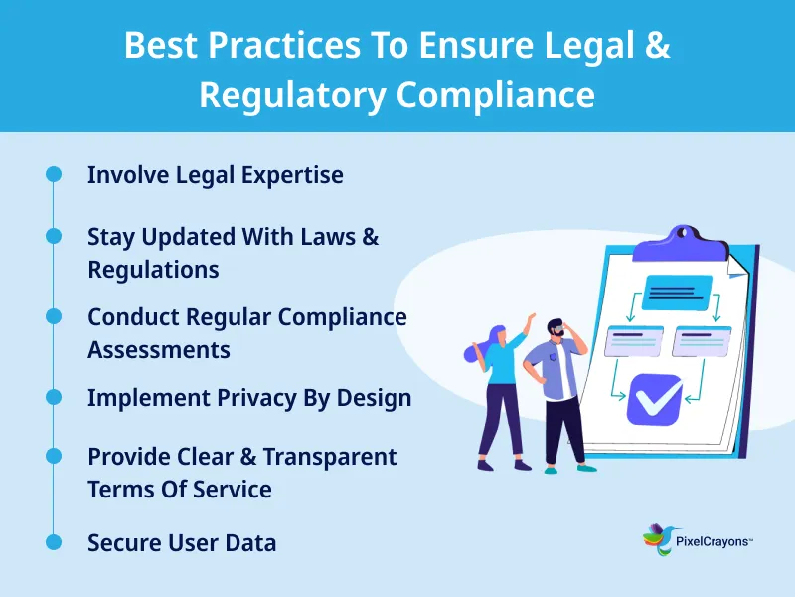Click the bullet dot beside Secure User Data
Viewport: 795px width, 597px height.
pos(54,542)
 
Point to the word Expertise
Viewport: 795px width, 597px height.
pos(296,175)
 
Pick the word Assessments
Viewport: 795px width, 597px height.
pos(159,350)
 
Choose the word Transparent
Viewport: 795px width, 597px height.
pos(332,457)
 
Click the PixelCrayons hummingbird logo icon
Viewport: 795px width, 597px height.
pos(657,539)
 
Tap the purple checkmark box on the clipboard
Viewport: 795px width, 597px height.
pos(655,398)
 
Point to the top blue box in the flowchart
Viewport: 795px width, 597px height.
pos(677,292)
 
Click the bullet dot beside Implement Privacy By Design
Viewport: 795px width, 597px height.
pos(54,396)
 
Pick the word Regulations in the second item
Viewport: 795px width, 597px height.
pos(153,269)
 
